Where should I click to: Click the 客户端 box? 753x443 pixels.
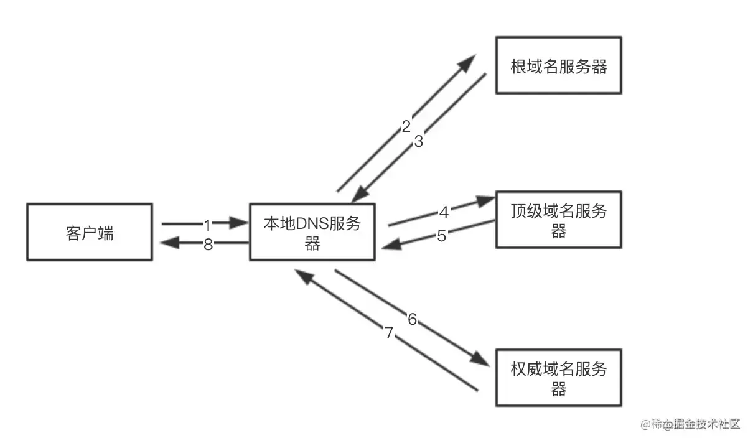click(x=90, y=232)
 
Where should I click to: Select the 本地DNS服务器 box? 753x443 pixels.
click(x=312, y=232)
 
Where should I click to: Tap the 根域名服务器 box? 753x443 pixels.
click(x=558, y=65)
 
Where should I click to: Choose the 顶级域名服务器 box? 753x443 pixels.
click(x=558, y=221)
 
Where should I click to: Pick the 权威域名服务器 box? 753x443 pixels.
click(x=558, y=380)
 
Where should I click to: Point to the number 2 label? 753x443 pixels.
click(x=406, y=126)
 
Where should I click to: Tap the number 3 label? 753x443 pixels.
click(x=418, y=141)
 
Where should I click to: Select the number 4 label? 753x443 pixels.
click(x=444, y=212)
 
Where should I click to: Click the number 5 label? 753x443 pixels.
click(x=441, y=236)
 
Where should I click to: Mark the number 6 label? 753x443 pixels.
click(x=412, y=319)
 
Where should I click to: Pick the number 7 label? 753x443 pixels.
click(x=389, y=333)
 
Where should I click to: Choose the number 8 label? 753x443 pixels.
click(x=208, y=245)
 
